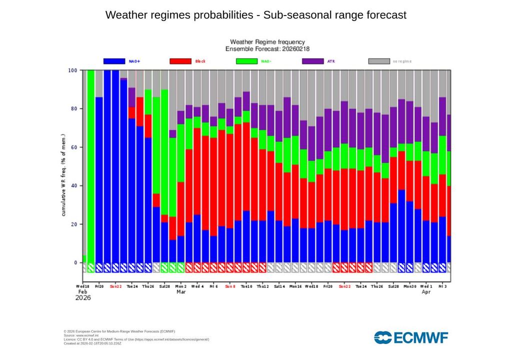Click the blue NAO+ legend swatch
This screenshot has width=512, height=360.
pyautogui.click(x=114, y=61)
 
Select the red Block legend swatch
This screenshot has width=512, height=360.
pyautogui.click(x=180, y=61)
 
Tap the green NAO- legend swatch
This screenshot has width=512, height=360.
pyautogui.click(x=246, y=61)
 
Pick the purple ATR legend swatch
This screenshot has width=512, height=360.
pyautogui.click(x=313, y=61)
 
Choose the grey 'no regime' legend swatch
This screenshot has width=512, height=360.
pyautogui.click(x=379, y=61)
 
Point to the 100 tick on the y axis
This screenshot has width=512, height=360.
pyautogui.click(x=72, y=70)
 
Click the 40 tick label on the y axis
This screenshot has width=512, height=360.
pyautogui.click(x=74, y=186)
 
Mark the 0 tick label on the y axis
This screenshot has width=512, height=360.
pyautogui.click(x=76, y=263)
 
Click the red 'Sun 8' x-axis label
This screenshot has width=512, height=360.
pyautogui.click(x=230, y=286)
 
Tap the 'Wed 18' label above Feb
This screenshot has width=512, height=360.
pyautogui.click(x=83, y=286)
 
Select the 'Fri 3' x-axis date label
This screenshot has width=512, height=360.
pyautogui.click(x=442, y=286)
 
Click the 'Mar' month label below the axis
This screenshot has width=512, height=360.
pyautogui.click(x=181, y=291)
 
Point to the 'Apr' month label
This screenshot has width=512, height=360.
pyautogui.click(x=426, y=291)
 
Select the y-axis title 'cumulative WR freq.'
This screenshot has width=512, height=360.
pyautogui.click(x=64, y=175)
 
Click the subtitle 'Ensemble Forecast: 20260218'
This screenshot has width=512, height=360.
pyautogui.click(x=267, y=49)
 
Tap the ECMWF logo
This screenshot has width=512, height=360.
pyautogui.click(x=411, y=337)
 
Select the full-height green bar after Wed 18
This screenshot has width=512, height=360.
pyautogui.click(x=91, y=165)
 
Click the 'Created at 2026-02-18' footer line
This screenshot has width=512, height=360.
pyautogui.click(x=92, y=343)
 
